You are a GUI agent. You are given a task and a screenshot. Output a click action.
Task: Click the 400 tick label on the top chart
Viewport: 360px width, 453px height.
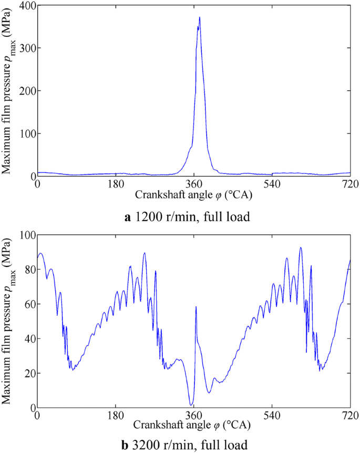click(x=26, y=5)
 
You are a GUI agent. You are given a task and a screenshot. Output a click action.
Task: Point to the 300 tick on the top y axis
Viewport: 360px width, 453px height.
click(x=26, y=48)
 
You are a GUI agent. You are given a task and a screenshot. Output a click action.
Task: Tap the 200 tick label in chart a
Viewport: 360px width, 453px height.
click(x=26, y=90)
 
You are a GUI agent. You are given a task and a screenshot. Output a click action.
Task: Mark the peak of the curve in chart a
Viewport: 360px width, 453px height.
click(x=200, y=17)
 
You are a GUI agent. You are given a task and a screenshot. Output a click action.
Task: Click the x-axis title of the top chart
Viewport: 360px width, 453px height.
click(x=193, y=194)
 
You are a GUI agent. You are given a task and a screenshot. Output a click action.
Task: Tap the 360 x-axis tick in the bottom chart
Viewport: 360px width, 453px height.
click(x=193, y=414)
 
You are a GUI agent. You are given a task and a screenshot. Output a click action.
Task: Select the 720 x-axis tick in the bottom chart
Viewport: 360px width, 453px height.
click(x=349, y=414)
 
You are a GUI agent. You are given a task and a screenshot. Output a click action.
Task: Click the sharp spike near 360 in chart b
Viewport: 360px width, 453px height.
click(x=196, y=307)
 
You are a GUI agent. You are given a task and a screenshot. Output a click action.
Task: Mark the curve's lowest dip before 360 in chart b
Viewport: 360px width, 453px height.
click(x=191, y=405)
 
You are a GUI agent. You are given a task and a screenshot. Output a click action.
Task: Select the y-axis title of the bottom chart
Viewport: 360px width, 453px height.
click(x=7, y=321)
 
